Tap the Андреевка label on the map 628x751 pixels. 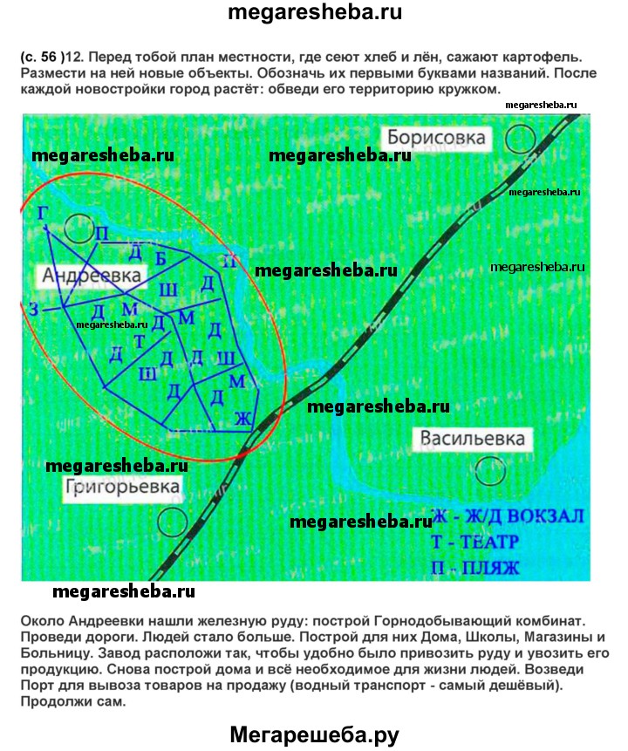point(92,276)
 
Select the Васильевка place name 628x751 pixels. point(474,437)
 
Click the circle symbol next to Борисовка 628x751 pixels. point(522,137)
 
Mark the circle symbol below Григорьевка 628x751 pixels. point(174,522)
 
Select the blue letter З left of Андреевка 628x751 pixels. point(33,309)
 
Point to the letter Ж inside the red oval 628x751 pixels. point(243,420)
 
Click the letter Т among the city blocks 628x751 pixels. point(138,341)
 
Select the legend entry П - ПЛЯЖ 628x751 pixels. point(474,570)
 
